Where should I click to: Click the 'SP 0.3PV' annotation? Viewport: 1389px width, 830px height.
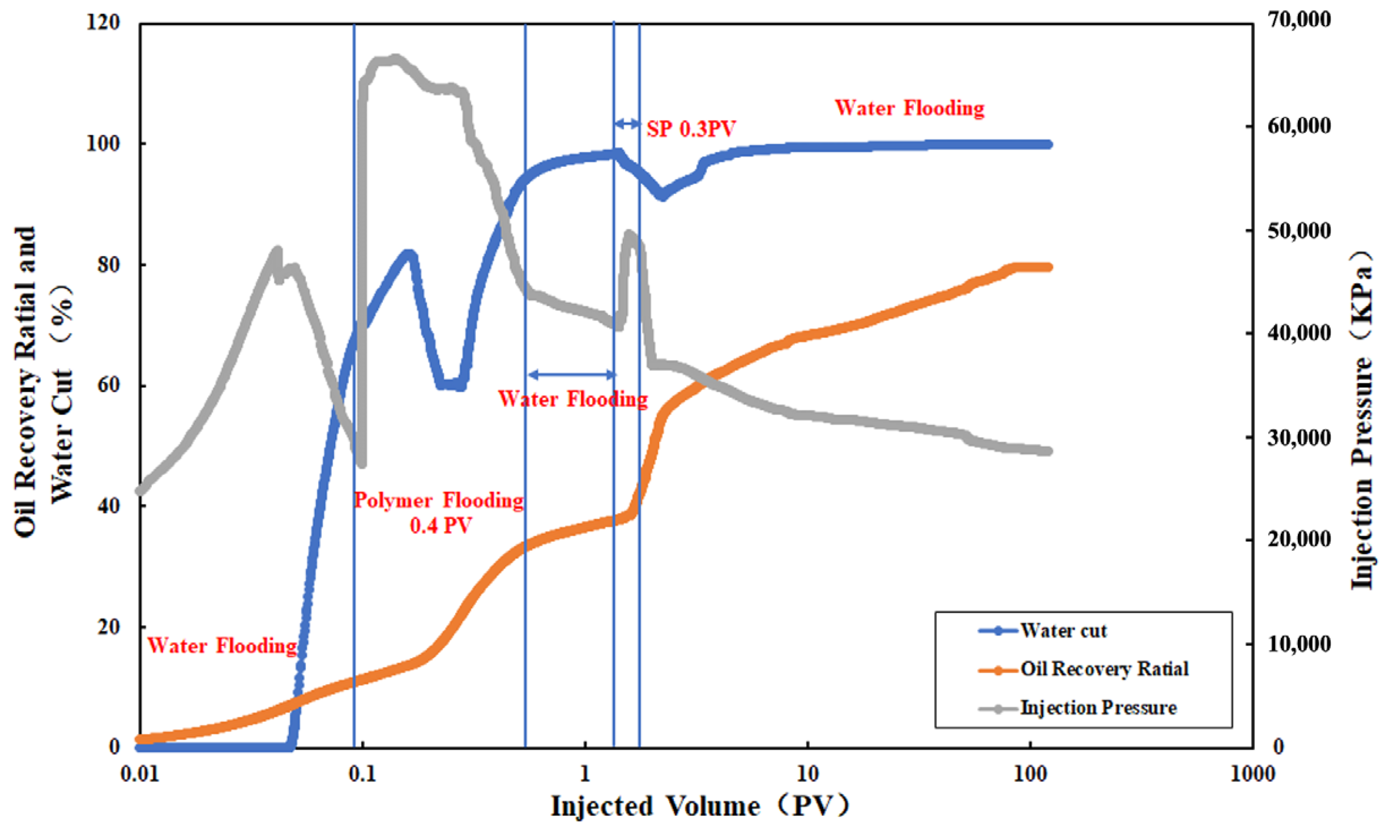tap(691, 129)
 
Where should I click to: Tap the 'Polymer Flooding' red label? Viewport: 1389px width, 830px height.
tap(439, 500)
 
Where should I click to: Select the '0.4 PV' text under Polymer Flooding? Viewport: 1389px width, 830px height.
tap(441, 526)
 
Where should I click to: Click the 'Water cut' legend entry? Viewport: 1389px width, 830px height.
tap(1063, 631)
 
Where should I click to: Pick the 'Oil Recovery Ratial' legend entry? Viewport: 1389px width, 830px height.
tap(1104, 669)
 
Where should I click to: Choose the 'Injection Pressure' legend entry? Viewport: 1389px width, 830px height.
tap(1098, 708)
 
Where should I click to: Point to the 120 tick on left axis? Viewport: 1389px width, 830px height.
tap(103, 23)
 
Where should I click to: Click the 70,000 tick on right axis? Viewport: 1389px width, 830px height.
tap(1299, 20)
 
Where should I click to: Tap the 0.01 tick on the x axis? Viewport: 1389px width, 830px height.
tap(140, 774)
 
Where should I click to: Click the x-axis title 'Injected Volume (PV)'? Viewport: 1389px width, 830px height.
tap(700, 806)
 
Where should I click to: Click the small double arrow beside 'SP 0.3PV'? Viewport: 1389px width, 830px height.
tap(627, 123)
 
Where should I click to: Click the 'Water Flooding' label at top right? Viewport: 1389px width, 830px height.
tap(909, 108)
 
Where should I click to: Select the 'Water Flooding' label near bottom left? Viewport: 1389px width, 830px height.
tap(222, 645)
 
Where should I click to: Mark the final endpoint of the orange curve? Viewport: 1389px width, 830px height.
tap(1048, 267)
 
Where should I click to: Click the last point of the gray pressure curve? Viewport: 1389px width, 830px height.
tap(1048, 451)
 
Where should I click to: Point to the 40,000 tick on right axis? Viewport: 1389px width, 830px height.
tap(1299, 333)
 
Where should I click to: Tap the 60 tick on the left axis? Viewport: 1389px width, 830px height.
tap(109, 386)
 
